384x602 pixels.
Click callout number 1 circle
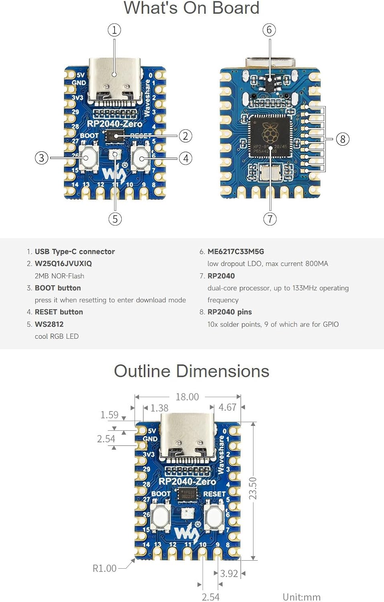(114, 30)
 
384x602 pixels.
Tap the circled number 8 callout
(343, 139)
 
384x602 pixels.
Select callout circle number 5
(115, 219)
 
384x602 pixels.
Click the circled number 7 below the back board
(270, 219)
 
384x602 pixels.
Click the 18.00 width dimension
(187, 397)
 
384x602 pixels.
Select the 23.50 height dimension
(253, 488)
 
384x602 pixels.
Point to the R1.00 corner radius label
(104, 568)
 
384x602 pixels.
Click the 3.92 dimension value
(229, 574)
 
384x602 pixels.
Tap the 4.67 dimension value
(227, 407)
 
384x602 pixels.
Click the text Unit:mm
(301, 597)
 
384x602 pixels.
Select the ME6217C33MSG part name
(236, 252)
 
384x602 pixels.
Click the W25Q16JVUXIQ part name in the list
(63, 264)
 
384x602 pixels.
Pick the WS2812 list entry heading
(49, 324)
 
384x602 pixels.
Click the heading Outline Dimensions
(192, 371)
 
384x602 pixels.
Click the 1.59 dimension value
(109, 415)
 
